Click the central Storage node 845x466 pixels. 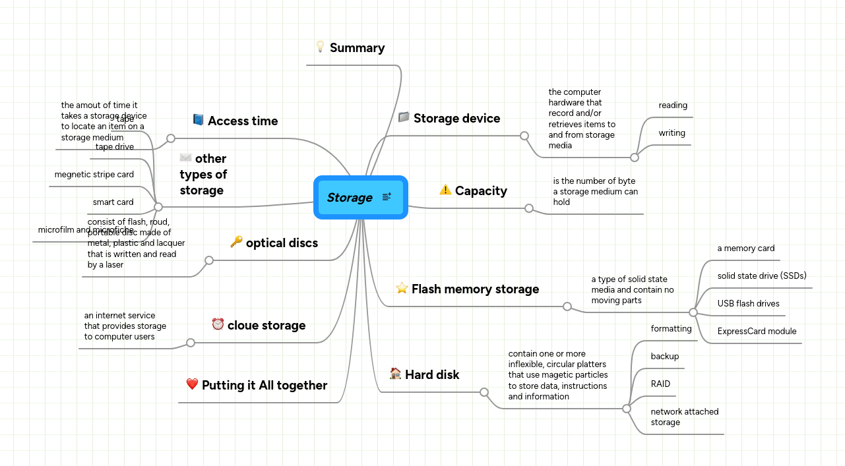350,198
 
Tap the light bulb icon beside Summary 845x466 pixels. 320,47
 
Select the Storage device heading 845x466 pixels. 456,119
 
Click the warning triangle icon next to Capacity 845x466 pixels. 445,190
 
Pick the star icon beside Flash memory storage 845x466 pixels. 402,288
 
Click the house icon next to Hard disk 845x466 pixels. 395,374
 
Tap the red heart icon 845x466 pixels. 192,384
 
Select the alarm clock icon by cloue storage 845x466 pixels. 218,324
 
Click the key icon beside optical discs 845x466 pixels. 236,242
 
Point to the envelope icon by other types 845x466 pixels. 185,158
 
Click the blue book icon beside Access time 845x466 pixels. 198,120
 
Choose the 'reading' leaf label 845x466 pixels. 673,105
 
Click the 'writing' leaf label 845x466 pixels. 672,133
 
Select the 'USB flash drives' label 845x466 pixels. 748,304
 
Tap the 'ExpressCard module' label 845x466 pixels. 757,332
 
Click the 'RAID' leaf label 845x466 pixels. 660,384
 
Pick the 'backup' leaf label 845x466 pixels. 664,357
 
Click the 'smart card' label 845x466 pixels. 113,202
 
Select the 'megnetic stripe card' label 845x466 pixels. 94,175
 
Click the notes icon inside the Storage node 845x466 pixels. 387,197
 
